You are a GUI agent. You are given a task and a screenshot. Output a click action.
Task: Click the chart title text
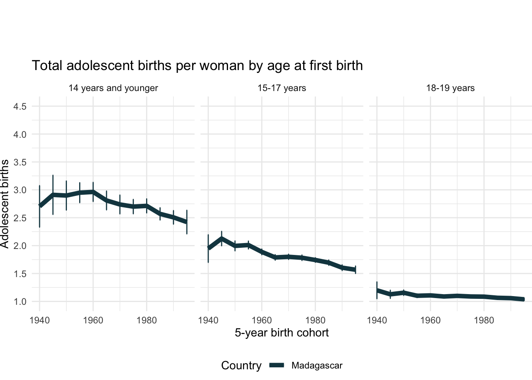tap(197, 66)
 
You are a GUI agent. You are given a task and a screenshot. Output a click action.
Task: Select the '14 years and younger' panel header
tap(113, 88)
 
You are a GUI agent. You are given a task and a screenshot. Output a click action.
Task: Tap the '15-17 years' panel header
tap(282, 88)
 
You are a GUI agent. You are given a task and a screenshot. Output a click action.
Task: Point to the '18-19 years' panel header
tap(450, 88)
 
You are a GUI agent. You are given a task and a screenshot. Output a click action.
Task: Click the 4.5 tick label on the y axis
tap(20, 106)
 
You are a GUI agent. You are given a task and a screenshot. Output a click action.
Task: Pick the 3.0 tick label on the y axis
tap(20, 190)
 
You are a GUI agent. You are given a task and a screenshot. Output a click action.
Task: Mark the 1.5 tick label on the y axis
tap(20, 274)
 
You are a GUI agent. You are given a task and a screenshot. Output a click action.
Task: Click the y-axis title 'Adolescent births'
tap(5, 204)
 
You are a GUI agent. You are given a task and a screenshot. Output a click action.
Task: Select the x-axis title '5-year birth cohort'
tap(282, 332)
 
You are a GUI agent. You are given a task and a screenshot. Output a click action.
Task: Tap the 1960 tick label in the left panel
tap(93, 320)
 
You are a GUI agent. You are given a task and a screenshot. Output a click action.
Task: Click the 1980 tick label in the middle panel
tap(315, 320)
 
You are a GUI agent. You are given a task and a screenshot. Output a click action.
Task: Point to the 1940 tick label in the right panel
tap(377, 320)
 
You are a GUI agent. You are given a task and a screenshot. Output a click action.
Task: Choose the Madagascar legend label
tap(317, 366)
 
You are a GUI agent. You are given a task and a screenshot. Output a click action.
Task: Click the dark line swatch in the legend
tap(277, 366)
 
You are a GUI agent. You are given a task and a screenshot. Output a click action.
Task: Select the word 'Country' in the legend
tap(241, 366)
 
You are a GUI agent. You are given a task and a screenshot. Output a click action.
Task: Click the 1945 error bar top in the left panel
tap(53, 175)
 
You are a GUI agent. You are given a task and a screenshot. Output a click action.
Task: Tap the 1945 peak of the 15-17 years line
tap(222, 238)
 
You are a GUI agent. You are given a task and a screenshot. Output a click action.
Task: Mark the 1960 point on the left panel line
tap(93, 192)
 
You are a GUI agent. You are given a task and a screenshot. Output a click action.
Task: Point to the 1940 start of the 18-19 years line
tap(377, 290)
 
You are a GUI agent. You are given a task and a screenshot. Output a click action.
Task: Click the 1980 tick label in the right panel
tap(484, 320)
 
